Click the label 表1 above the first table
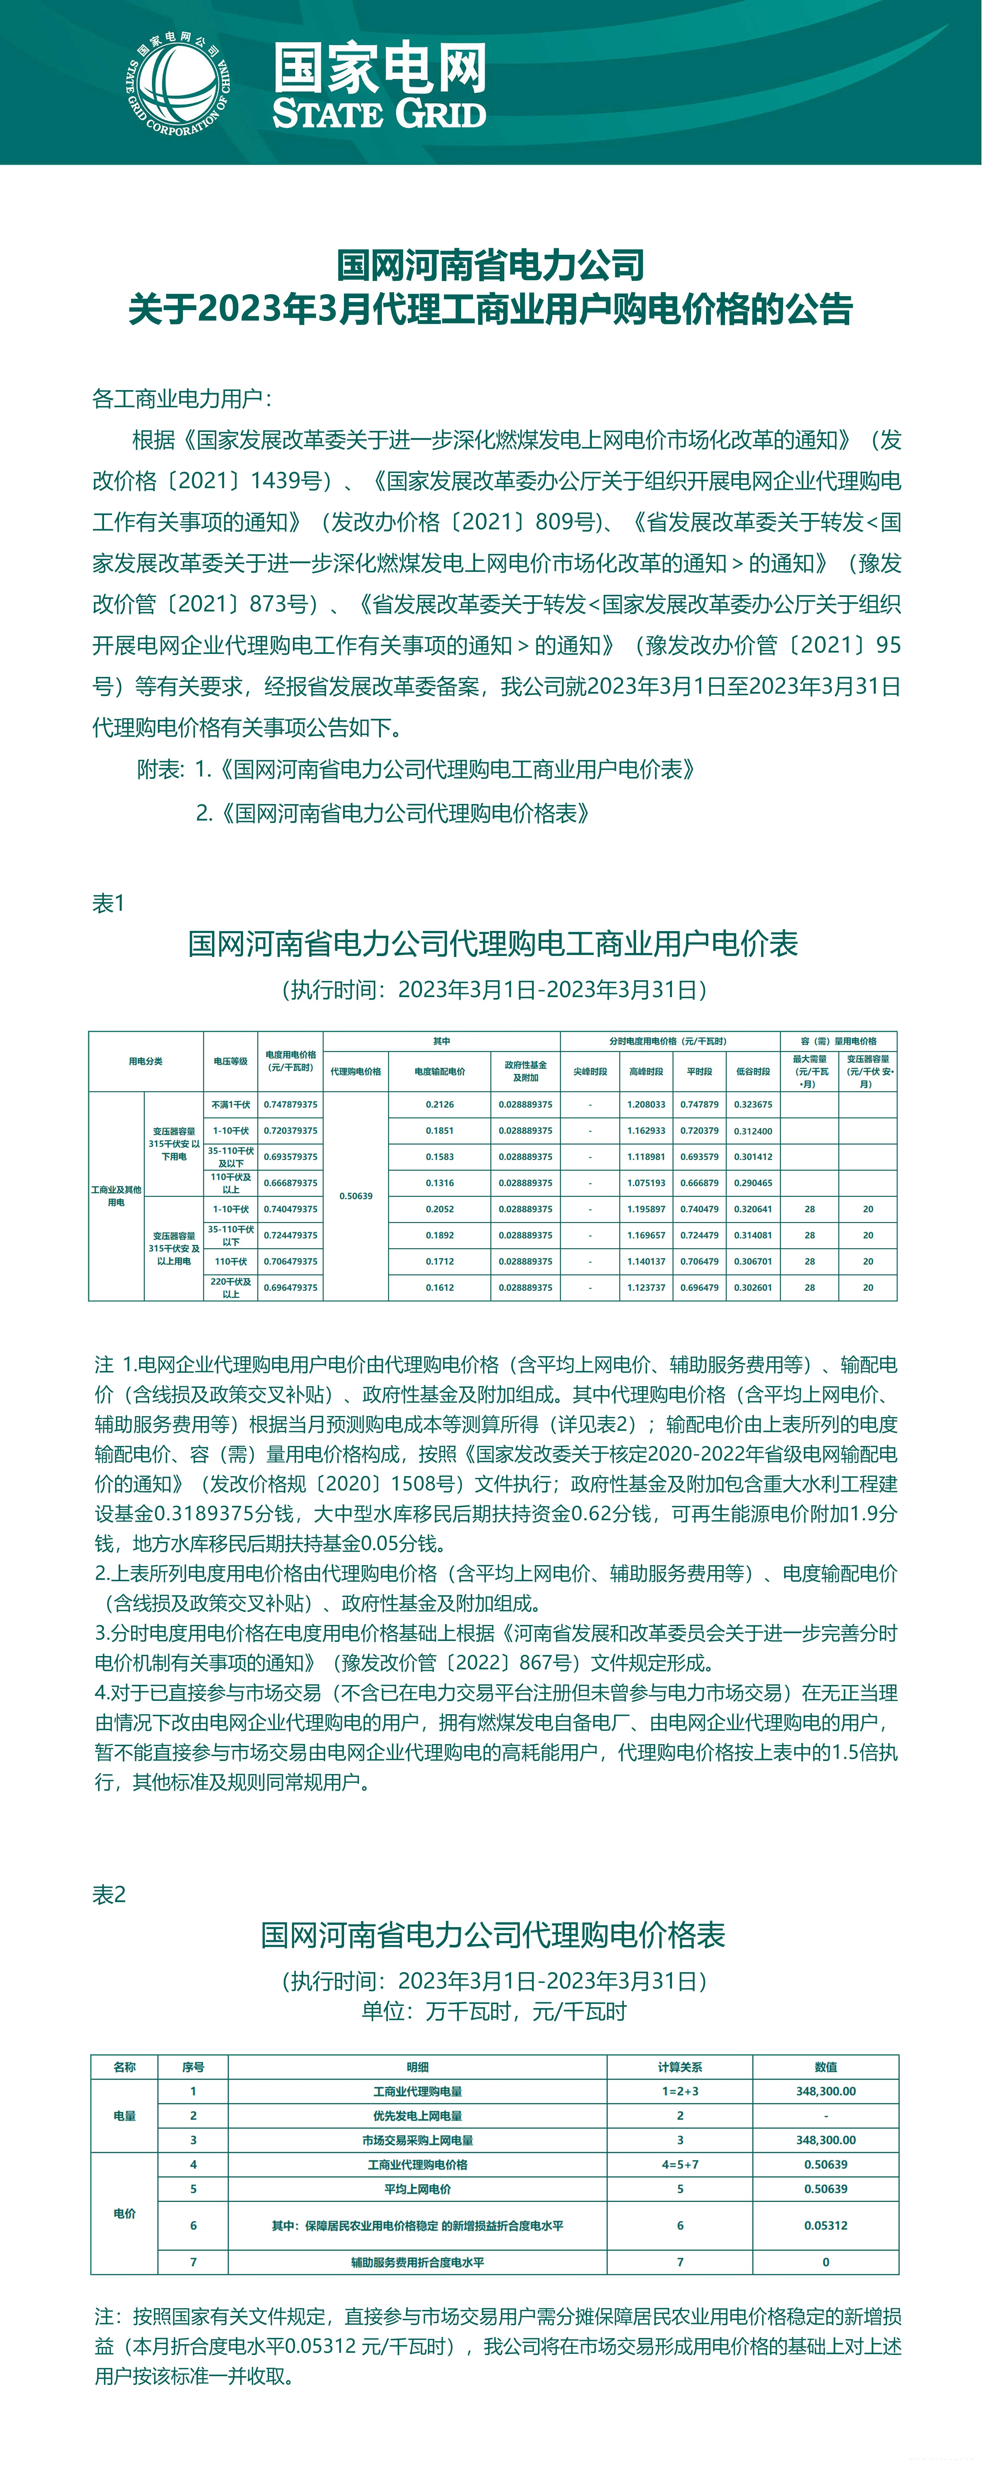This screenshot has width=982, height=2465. click(x=108, y=903)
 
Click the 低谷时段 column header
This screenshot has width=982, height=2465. click(x=753, y=1072)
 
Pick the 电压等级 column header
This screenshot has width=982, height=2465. click(x=231, y=1061)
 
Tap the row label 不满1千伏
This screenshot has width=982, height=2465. click(x=231, y=1104)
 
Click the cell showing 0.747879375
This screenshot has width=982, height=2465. click(x=291, y=1104)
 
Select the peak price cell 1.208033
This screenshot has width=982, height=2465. click(x=646, y=1104)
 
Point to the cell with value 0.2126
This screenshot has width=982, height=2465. click(x=440, y=1104)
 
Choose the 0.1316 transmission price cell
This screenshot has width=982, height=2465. click(x=440, y=1183)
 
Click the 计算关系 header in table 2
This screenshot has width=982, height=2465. click(x=680, y=2067)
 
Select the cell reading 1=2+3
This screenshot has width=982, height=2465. click(x=680, y=2091)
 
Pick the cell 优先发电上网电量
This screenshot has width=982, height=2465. click(x=417, y=2116)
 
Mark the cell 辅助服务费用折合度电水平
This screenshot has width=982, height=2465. click(x=417, y=2262)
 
